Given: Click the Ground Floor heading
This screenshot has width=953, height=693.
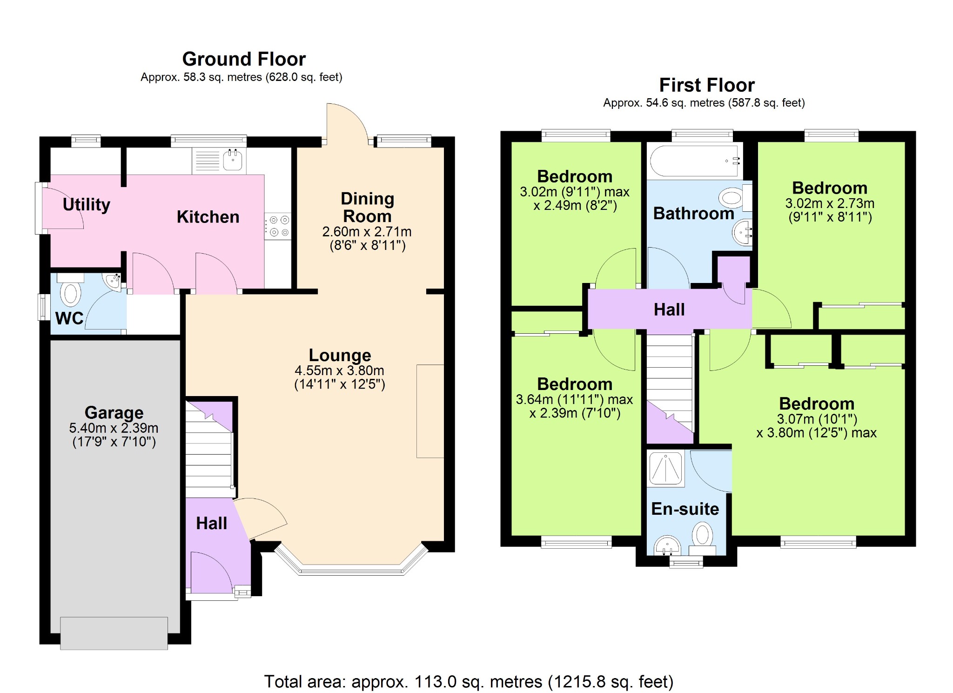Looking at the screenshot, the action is [x=244, y=59].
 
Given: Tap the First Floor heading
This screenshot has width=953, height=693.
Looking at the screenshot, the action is [x=707, y=85].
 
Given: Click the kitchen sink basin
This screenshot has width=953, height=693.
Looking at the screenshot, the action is [x=233, y=160].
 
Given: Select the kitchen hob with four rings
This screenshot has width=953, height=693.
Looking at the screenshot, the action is [x=278, y=226].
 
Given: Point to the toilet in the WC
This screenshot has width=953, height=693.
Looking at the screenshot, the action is [x=71, y=290].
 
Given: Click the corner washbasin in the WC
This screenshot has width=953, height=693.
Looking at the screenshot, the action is [x=113, y=281].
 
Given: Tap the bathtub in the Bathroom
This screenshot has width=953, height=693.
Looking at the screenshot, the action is [x=694, y=161].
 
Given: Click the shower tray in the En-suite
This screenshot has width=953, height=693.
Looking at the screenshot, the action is [x=666, y=468].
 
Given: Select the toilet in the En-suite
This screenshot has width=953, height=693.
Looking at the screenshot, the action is [x=703, y=538].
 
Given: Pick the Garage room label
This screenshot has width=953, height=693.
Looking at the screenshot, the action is [x=114, y=412].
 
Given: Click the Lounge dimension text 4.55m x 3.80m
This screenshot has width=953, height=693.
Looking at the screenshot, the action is [x=340, y=370].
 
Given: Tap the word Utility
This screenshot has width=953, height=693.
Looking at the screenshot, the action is [x=87, y=204].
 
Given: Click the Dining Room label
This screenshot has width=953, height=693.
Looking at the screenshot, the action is [x=368, y=207].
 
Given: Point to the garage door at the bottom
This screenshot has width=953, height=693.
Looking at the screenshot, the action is [x=114, y=633].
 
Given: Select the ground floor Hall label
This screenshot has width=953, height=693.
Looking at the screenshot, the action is [x=212, y=523].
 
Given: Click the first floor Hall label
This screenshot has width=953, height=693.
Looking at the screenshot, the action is [x=669, y=309].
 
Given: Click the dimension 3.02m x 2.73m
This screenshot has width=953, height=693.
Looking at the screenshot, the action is [x=830, y=203].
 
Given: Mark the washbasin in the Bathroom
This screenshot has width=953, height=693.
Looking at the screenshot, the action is [x=742, y=231].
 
